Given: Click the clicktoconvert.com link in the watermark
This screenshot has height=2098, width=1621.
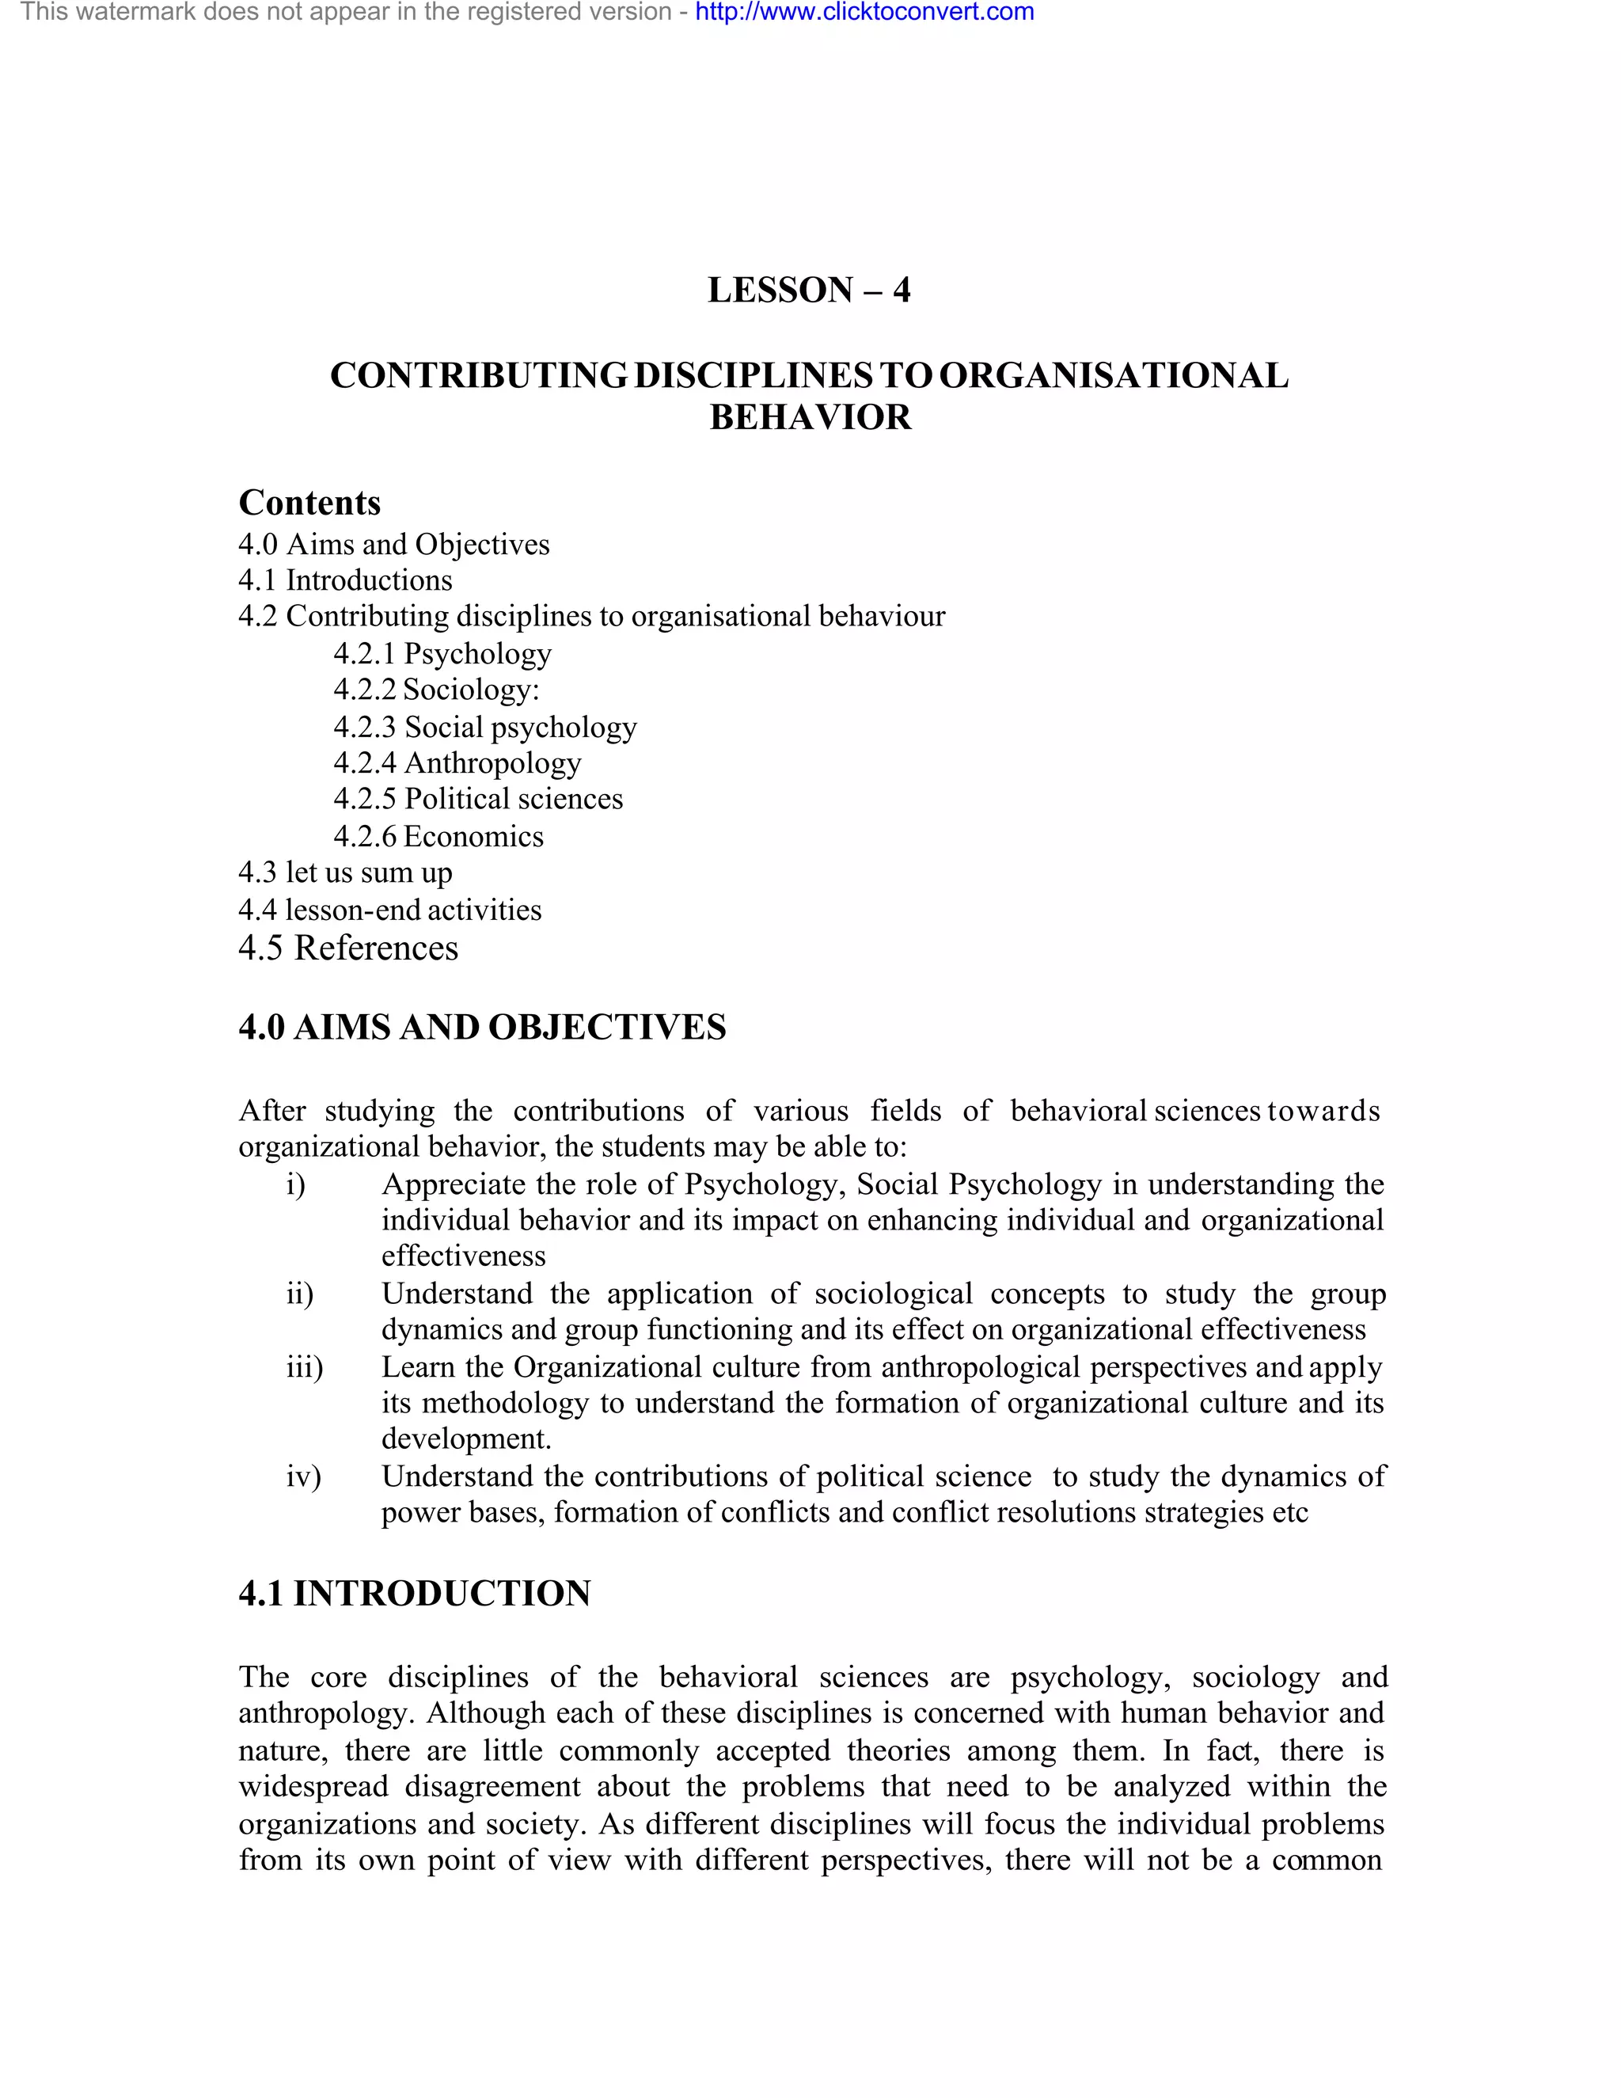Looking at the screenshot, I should [x=864, y=13].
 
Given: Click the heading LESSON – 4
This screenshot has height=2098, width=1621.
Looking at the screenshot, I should [x=810, y=290].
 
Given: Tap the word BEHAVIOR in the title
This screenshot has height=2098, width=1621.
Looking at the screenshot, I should [x=810, y=418].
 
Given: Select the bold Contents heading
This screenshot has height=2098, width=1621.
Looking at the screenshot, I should [x=309, y=504].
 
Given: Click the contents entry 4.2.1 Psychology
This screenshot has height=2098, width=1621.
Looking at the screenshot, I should [x=442, y=654].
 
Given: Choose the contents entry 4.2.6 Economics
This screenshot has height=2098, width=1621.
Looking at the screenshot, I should [x=438, y=837].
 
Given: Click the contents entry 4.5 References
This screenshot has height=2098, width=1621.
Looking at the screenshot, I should [x=348, y=948].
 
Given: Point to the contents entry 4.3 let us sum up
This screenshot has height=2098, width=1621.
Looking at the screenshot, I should [x=346, y=873].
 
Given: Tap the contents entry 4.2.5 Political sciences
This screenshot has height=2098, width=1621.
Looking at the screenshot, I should [x=478, y=800].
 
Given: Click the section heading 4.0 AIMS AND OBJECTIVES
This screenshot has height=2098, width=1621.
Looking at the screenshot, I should [x=482, y=1028].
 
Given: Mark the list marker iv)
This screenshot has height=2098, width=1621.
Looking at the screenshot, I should [x=303, y=1477].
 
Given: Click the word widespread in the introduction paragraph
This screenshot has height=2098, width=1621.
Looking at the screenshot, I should [x=313, y=1787].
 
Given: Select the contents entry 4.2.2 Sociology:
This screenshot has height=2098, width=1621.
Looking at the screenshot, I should [x=437, y=690].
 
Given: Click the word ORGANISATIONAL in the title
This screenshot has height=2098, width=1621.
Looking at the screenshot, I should [x=1113, y=375].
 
